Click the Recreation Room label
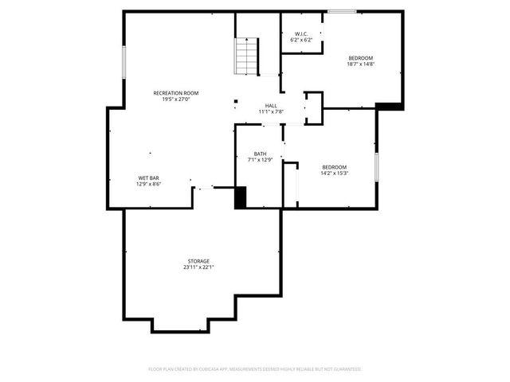point(175,93)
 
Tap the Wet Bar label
point(149,177)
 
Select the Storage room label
point(198,261)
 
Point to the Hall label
point(271,105)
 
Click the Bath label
point(261,154)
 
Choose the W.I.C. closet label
point(301,33)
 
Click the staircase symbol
point(246,57)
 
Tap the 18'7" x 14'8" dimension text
point(360,64)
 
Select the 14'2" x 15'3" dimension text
point(335,173)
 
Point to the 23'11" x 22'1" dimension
point(198,267)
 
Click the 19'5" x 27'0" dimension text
point(175,99)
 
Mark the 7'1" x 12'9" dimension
point(261,160)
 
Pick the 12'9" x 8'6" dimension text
point(149,184)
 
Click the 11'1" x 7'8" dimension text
point(271,111)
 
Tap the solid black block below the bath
point(241,197)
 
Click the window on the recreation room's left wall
point(124,62)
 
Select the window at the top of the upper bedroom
point(342,12)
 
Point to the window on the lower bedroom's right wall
point(376,168)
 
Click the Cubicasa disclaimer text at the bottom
point(255,369)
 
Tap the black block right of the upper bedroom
point(388,105)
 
